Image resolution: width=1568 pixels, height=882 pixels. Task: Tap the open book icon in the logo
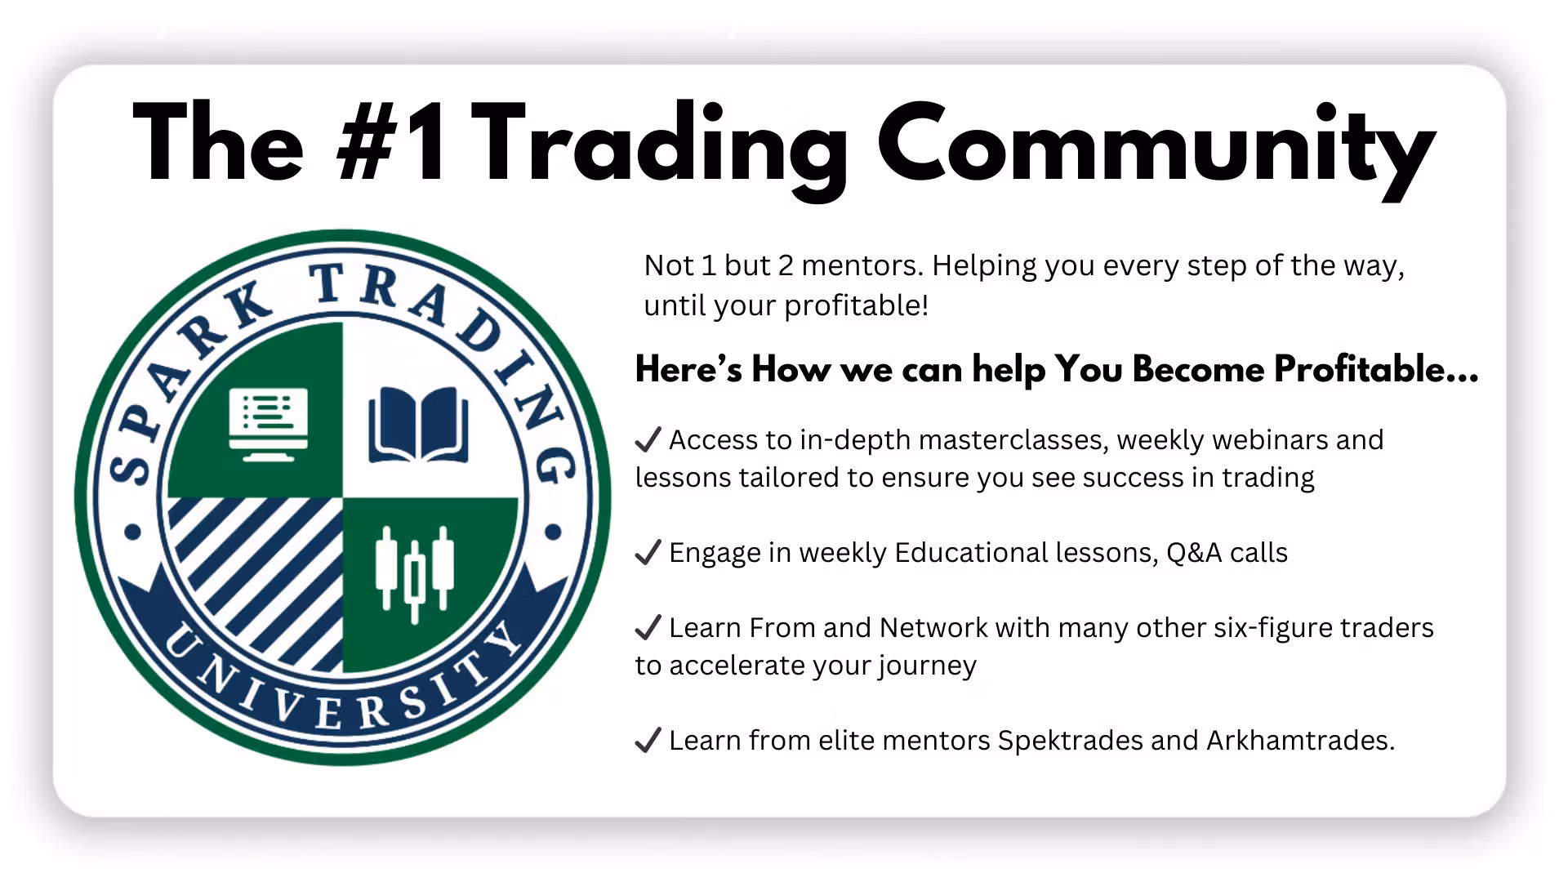pyautogui.click(x=419, y=425)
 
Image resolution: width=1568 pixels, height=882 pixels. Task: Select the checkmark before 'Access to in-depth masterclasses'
pyautogui.click(x=648, y=441)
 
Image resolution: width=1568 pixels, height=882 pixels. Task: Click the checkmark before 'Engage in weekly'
pyautogui.click(x=648, y=554)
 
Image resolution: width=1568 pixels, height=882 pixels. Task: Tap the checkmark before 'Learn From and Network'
pyautogui.click(x=648, y=628)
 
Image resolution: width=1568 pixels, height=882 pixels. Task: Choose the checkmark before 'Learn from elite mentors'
pyautogui.click(x=648, y=741)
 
